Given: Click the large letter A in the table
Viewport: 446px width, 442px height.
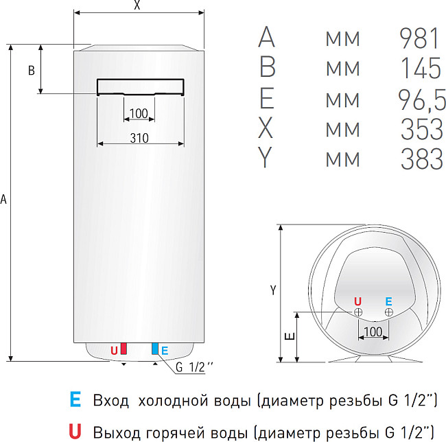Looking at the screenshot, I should [266, 38].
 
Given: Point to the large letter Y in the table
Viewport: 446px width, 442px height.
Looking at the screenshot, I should [266, 159].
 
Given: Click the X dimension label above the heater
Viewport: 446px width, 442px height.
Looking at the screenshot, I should [138, 6].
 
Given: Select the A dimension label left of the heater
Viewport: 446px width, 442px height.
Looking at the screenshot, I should [5, 200].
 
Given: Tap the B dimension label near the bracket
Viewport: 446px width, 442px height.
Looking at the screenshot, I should [31, 70].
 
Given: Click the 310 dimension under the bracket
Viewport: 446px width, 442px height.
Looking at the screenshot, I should [139, 137].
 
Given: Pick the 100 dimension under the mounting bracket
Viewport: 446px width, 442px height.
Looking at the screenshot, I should [139, 113].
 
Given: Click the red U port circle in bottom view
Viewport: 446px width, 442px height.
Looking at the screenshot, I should [358, 312].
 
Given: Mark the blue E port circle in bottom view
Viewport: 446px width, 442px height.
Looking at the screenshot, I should [389, 312].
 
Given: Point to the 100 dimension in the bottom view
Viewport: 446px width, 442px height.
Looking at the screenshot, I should [373, 332].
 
